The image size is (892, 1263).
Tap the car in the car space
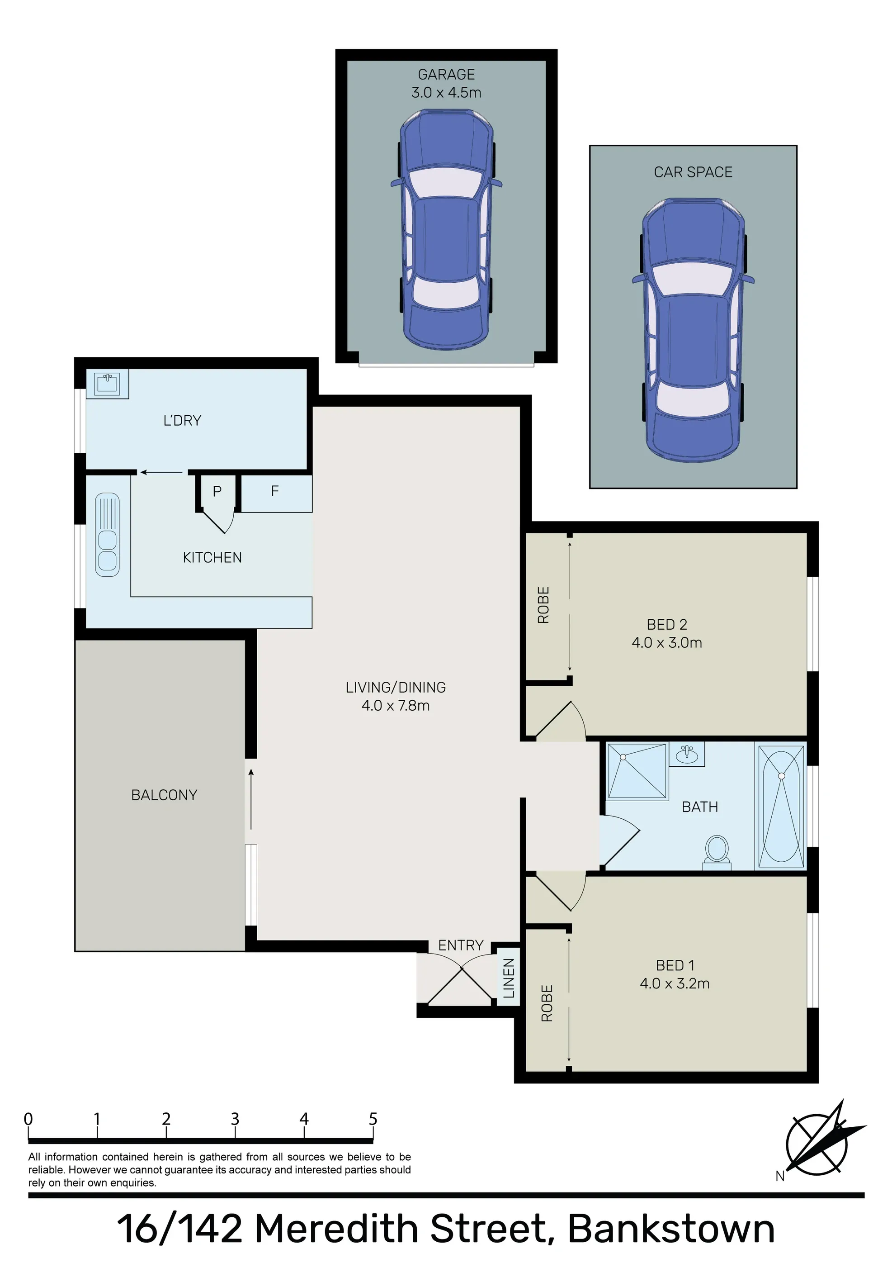click(x=693, y=330)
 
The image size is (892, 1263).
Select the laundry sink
click(x=107, y=384)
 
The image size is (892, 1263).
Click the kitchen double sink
click(x=107, y=535)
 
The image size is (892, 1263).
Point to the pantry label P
click(x=217, y=491)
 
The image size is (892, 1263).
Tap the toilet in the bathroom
click(x=717, y=853)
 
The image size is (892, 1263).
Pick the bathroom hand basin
click(x=687, y=754)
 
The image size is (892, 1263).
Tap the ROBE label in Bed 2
click(x=543, y=605)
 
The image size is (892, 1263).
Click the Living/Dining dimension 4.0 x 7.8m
click(x=396, y=706)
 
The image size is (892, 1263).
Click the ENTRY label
click(x=461, y=945)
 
